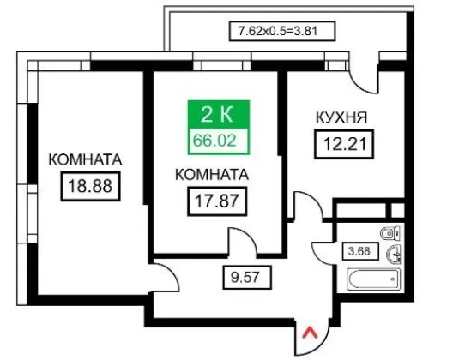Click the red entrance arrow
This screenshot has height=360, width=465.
click(310, 333)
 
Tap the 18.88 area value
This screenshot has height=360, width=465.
click(90, 186)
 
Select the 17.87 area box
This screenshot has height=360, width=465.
click(217, 201)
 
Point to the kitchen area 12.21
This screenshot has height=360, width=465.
click(344, 144)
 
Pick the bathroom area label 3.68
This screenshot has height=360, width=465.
click(360, 251)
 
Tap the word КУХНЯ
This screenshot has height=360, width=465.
click(341, 117)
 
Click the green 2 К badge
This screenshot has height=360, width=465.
click(218, 115)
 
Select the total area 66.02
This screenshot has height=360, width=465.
click(214, 141)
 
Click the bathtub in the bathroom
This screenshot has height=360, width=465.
click(373, 279)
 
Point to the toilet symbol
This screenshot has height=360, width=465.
click(390, 233)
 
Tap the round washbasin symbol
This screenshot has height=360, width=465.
click(394, 255)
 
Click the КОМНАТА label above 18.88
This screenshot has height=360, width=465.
click(85, 159)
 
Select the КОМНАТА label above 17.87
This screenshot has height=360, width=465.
click(212, 174)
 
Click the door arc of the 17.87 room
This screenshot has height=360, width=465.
click(249, 236)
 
